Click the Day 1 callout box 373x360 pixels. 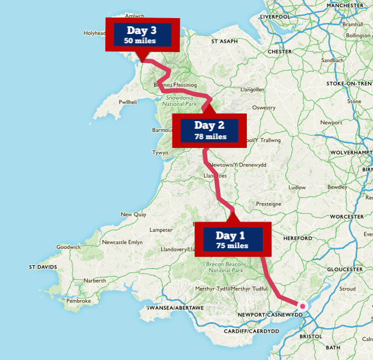coord(233,240)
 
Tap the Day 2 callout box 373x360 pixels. coord(210,130)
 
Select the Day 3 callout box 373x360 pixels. coord(143,35)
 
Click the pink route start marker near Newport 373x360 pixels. coord(302,306)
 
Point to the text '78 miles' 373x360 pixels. coord(210,136)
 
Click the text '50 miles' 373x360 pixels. coord(140,41)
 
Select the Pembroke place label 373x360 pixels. coord(78,301)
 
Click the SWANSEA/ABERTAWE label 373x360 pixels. coord(175,308)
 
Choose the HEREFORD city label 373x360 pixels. coord(298,238)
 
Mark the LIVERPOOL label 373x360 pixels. coord(275,16)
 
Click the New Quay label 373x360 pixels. coord(133,214)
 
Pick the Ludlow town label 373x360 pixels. coord(297,187)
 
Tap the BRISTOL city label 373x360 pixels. coord(312,335)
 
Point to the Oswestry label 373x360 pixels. coord(264,108)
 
